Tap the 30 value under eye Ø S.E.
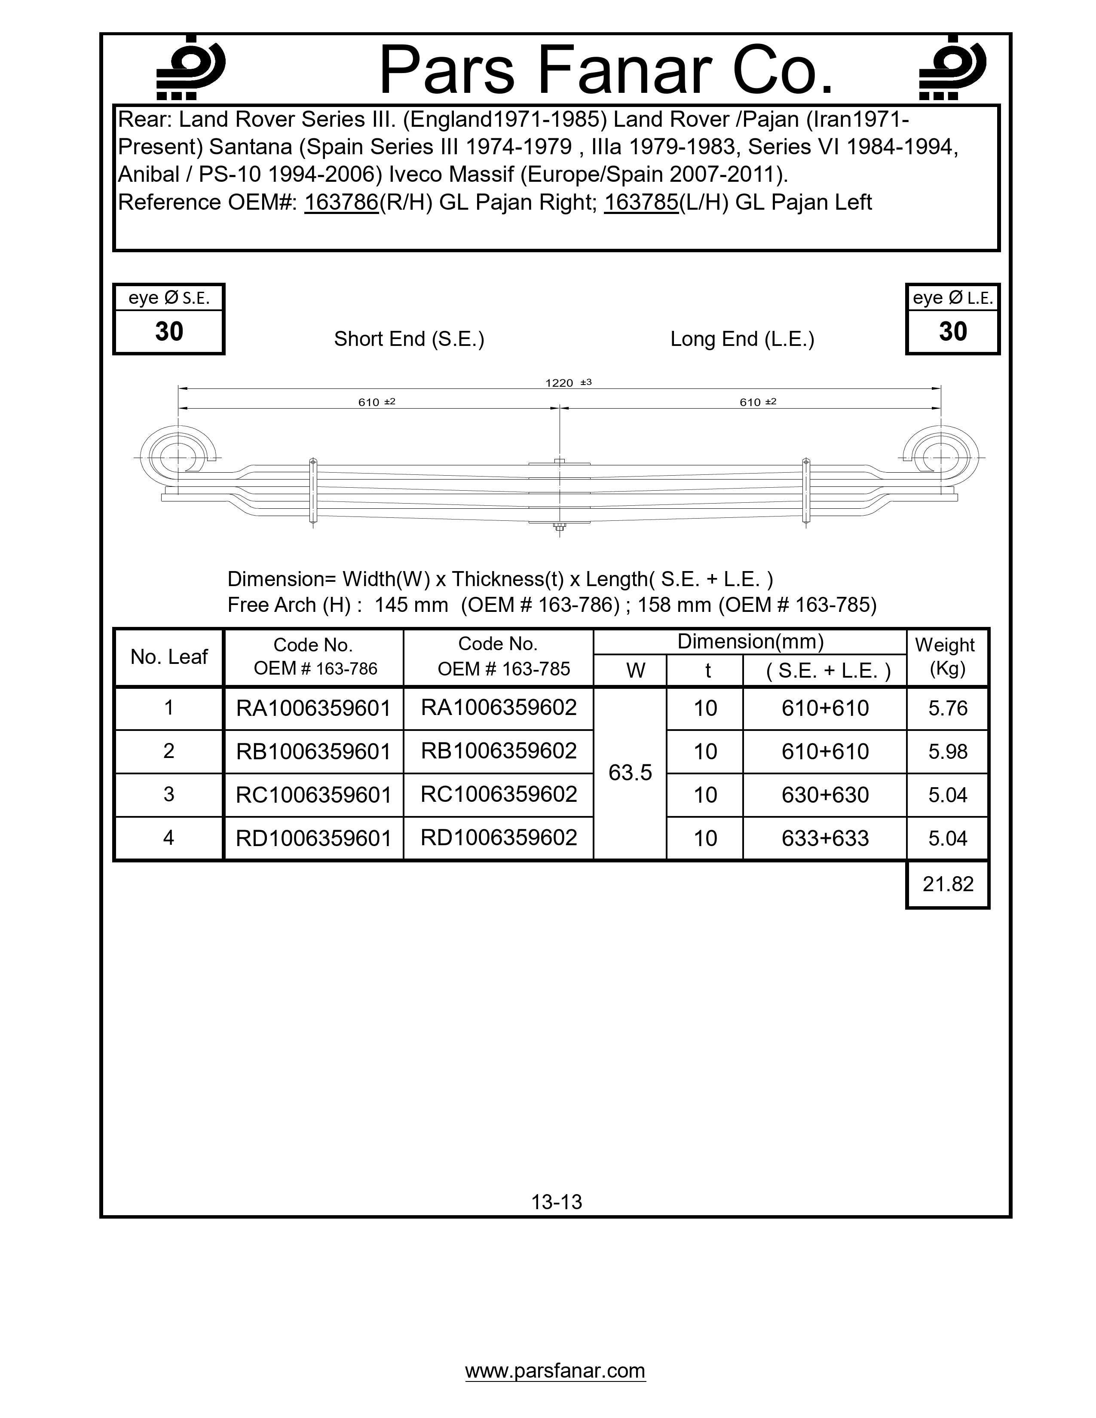point(169,332)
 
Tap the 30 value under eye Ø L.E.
point(952,332)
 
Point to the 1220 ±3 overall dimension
point(567,383)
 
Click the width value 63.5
point(630,773)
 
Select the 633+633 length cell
point(825,838)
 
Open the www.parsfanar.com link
point(555,1371)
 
